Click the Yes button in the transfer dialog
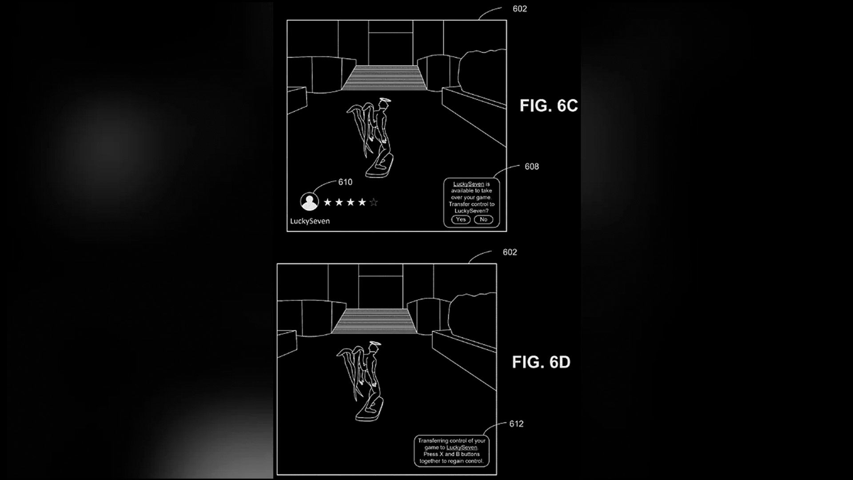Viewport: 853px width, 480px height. pyautogui.click(x=461, y=220)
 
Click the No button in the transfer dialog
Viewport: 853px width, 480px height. pyautogui.click(x=483, y=220)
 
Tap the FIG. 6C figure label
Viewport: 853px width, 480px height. pyautogui.click(x=549, y=106)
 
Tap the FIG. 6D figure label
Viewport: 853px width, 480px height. pyautogui.click(x=541, y=362)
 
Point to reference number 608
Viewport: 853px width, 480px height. pyautogui.click(x=532, y=167)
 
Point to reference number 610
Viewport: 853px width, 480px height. pyautogui.click(x=345, y=182)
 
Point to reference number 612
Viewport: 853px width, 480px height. pyautogui.click(x=516, y=424)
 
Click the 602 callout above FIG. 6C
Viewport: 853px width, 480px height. pyautogui.click(x=520, y=9)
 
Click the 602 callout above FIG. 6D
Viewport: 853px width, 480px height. pyautogui.click(x=510, y=252)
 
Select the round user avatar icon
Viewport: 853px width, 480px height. pyautogui.click(x=310, y=201)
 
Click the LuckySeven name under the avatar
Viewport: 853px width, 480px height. pyautogui.click(x=310, y=221)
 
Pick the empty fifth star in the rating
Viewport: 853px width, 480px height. pyautogui.click(x=374, y=203)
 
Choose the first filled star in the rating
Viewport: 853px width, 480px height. pyautogui.click(x=328, y=203)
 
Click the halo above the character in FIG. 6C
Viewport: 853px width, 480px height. pyautogui.click(x=384, y=101)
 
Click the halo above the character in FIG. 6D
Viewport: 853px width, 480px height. pyautogui.click(x=374, y=344)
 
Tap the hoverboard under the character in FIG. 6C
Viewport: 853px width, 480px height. pyautogui.click(x=379, y=165)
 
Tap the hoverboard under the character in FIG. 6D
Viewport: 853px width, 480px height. pyautogui.click(x=370, y=409)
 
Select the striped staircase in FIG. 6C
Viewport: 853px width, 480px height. pyautogui.click(x=383, y=78)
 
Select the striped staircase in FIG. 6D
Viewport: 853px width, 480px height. pyautogui.click(x=374, y=321)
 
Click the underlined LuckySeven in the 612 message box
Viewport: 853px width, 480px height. pyautogui.click(x=462, y=448)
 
